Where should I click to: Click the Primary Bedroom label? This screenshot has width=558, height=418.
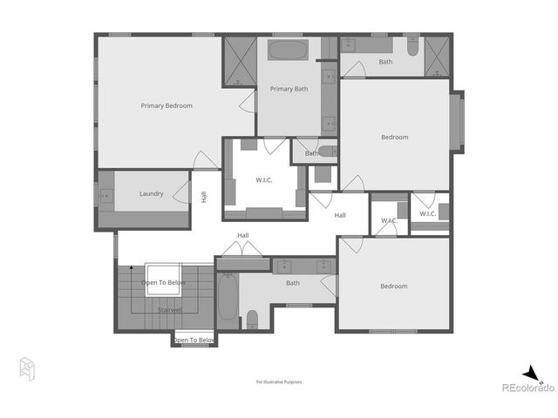pos(167,105)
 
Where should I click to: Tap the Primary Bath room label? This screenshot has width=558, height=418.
pos(289,89)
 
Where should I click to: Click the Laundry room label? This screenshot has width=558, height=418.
pos(151,193)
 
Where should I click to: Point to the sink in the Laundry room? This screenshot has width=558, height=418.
pos(105,198)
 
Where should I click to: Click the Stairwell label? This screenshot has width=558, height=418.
pos(169,309)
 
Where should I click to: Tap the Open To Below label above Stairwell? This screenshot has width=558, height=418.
pos(164,282)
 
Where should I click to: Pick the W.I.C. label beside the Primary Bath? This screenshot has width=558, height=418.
pos(264,180)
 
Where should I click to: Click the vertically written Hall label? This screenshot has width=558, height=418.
pos(204,198)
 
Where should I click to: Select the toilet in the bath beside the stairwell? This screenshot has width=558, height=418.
pos(251,319)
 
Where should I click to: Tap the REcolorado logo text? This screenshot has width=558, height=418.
pos(527,388)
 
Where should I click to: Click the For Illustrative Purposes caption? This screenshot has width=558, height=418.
pos(278,381)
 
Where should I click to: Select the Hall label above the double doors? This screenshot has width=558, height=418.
pos(243,235)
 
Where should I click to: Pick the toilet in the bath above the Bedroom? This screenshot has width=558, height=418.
pos(412,46)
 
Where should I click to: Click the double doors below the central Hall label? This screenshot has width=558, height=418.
pos(242,250)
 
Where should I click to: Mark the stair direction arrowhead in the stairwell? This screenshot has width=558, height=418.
pos(131,267)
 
